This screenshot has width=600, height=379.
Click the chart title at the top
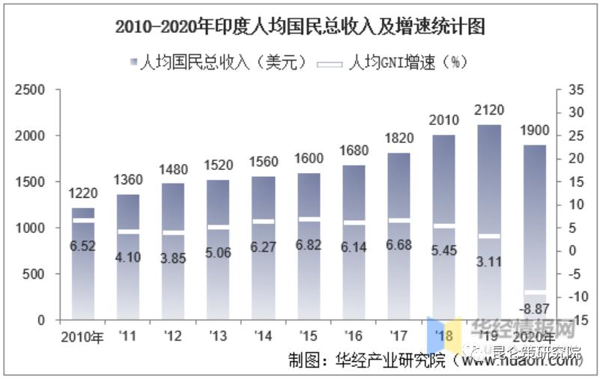[300, 28]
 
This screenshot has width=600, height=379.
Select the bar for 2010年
[83, 270]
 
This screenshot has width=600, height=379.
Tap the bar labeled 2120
[488, 225]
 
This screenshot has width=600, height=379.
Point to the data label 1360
[127, 180]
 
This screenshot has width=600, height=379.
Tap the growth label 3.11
[488, 263]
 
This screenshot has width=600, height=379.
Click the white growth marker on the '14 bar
[263, 222]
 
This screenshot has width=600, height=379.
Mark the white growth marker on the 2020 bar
[534, 292]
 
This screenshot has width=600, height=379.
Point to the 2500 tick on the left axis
[31, 90]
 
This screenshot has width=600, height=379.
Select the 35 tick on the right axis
[575, 90]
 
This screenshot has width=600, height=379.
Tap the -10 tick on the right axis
[575, 297]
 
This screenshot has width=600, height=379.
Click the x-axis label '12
[173, 337]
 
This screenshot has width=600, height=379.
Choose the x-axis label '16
[354, 337]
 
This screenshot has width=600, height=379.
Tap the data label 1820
[399, 138]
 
